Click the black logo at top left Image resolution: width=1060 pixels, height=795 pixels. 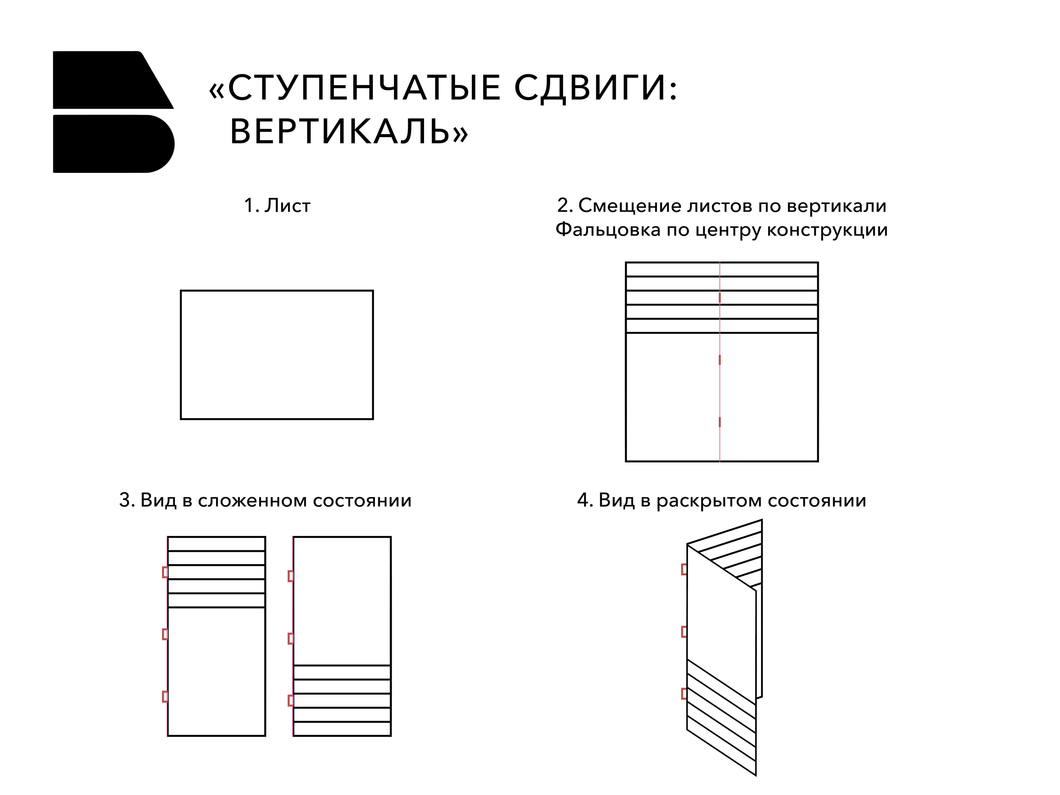pyautogui.click(x=114, y=112)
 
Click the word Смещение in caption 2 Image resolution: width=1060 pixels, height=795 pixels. pyautogui.click(x=629, y=206)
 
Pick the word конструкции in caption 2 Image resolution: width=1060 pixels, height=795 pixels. pyautogui.click(x=827, y=230)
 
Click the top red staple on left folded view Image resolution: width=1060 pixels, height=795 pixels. pyautogui.click(x=165, y=572)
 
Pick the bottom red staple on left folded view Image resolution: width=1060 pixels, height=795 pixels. pyautogui.click(x=165, y=696)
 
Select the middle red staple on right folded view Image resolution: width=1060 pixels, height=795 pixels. pyautogui.click(x=291, y=638)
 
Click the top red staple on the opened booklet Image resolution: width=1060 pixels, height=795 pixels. pyautogui.click(x=684, y=569)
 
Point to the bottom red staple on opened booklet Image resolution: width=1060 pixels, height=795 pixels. pyautogui.click(x=684, y=693)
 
